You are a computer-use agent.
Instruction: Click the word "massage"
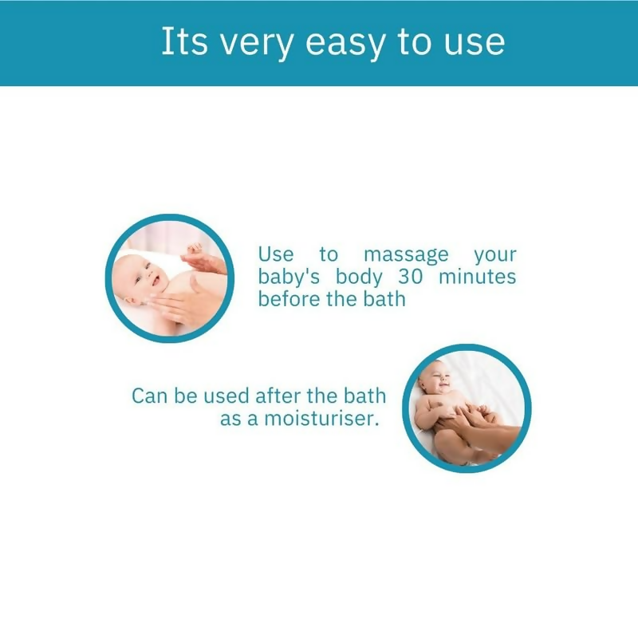(406, 256)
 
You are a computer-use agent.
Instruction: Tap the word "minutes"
(478, 278)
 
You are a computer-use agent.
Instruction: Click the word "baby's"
(287, 278)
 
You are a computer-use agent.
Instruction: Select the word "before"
(282, 300)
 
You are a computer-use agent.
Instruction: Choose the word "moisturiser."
(321, 418)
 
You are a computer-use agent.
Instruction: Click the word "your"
(494, 256)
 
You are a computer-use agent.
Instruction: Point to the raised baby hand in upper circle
(193, 254)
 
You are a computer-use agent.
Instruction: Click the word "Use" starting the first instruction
(275, 256)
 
